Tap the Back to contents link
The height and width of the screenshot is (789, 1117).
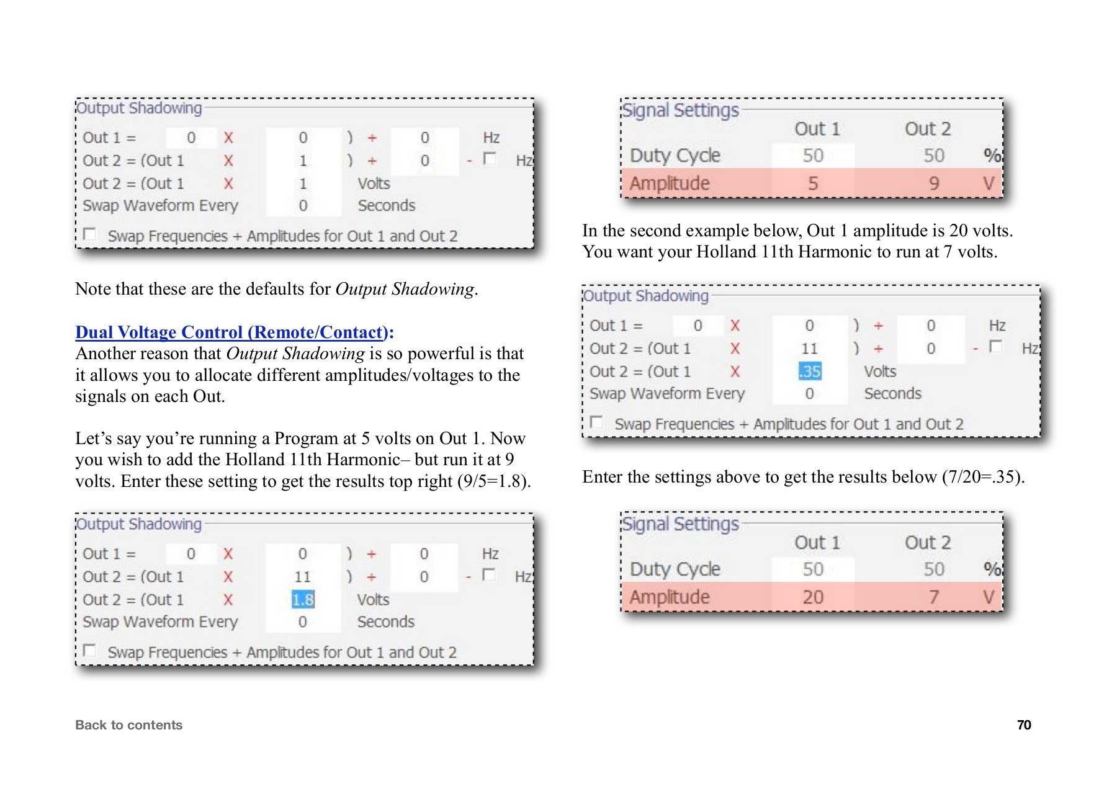(128, 725)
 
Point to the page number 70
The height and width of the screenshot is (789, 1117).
(1024, 725)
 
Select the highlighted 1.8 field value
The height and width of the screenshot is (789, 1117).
(303, 600)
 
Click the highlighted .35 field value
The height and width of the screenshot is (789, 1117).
(810, 372)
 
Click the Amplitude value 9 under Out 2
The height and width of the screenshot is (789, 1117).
(933, 184)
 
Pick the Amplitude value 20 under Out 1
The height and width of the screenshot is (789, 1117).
(813, 597)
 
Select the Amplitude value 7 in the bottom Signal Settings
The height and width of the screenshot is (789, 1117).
(933, 597)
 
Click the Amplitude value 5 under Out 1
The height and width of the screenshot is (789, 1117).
(813, 184)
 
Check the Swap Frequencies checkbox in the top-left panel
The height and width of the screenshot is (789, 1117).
(90, 234)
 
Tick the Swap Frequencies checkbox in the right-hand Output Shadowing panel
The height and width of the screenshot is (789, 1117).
(596, 422)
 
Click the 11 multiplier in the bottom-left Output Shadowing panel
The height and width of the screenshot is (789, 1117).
(302, 577)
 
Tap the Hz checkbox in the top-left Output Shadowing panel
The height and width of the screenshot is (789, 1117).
(490, 158)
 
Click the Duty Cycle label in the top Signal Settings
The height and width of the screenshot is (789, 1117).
(675, 155)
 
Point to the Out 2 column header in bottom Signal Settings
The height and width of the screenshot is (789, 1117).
(927, 543)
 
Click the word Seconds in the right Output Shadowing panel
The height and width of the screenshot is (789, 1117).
(892, 394)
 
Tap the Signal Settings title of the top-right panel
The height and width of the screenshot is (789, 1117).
(680, 110)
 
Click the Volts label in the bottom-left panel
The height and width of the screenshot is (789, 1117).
(373, 600)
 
